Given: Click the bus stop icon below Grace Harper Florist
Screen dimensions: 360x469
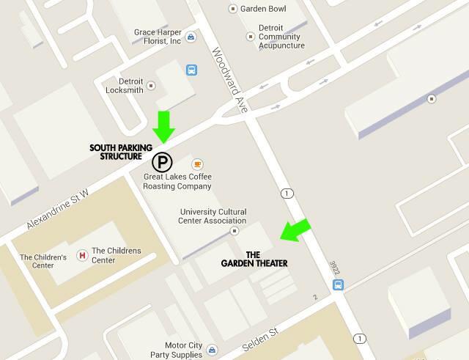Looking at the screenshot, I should tap(192, 70).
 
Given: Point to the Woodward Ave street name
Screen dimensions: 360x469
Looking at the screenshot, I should tap(231, 81).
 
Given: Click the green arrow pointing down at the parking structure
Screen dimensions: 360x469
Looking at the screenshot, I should tap(164, 126).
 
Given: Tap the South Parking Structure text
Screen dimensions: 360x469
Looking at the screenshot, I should tap(116, 152).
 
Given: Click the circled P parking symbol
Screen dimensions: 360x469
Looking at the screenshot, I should tap(162, 162).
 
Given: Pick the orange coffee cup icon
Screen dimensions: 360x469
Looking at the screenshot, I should tap(196, 164).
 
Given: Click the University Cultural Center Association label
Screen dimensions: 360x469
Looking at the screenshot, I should tap(213, 216).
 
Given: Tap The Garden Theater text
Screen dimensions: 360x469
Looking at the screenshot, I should tap(254, 259).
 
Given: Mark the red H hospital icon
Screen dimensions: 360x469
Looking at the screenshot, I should tap(82, 255).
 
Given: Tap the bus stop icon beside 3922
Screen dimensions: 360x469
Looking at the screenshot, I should tap(338, 284).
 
